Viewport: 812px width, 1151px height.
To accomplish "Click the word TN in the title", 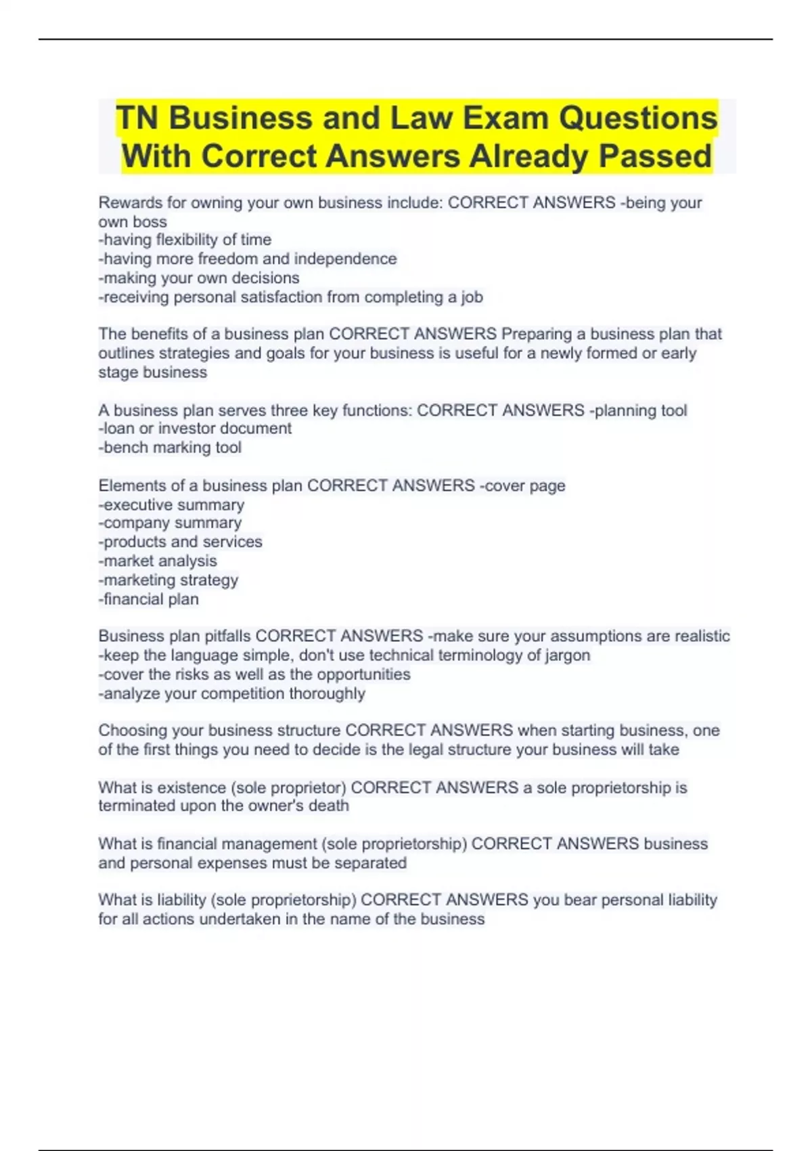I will (137, 118).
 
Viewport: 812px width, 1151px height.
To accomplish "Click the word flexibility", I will (187, 240).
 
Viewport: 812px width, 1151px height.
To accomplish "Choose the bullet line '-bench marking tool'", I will (170, 448).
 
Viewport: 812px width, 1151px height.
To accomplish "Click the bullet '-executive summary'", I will (171, 504).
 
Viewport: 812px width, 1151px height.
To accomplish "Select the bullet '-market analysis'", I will (158, 561).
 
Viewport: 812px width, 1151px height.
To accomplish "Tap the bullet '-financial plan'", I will (149, 599).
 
